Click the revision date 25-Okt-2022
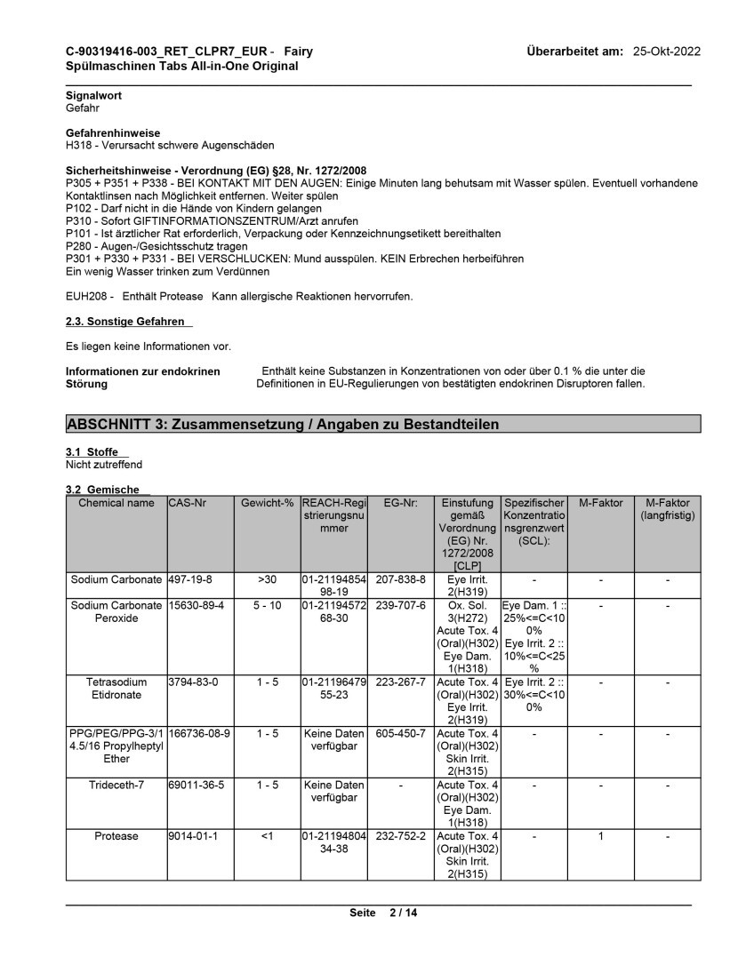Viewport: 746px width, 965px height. (x=666, y=52)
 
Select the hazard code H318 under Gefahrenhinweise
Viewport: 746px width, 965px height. (x=79, y=145)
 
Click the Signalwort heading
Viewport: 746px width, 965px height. (x=93, y=95)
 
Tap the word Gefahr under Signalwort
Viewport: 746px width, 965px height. (x=83, y=107)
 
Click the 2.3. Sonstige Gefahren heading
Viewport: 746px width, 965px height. (x=125, y=321)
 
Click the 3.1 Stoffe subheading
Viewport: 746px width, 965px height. (x=92, y=452)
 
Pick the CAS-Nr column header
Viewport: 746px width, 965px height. (x=187, y=503)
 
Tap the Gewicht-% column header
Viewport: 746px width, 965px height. (x=267, y=503)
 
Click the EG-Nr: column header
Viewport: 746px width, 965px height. (x=400, y=503)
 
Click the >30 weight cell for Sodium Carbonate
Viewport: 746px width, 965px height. (x=267, y=578)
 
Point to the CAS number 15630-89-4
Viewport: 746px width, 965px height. (x=196, y=605)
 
